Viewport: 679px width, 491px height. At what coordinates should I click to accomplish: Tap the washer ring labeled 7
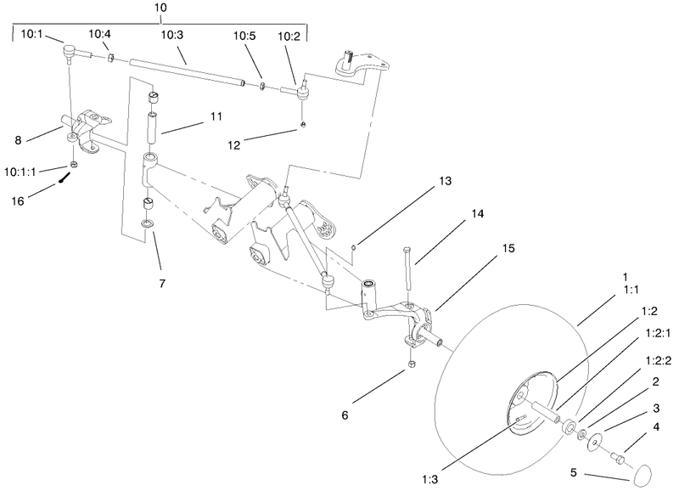coord(149,224)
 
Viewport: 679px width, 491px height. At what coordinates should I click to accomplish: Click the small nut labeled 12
coord(303,127)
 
